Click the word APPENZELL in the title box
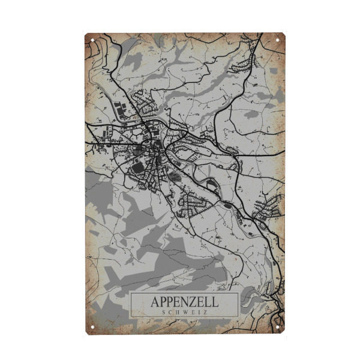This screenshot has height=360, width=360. [x=184, y=302]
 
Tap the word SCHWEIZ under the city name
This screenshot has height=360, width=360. [x=184, y=312]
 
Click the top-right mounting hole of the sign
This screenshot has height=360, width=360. [x=277, y=40]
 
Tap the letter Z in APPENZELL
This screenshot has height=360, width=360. [x=193, y=302]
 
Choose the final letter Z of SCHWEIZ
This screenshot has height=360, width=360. [x=204, y=312]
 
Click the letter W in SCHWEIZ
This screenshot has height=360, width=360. [x=184, y=312]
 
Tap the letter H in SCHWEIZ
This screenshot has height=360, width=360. [x=178, y=312]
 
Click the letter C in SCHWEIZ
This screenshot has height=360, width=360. [x=171, y=312]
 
